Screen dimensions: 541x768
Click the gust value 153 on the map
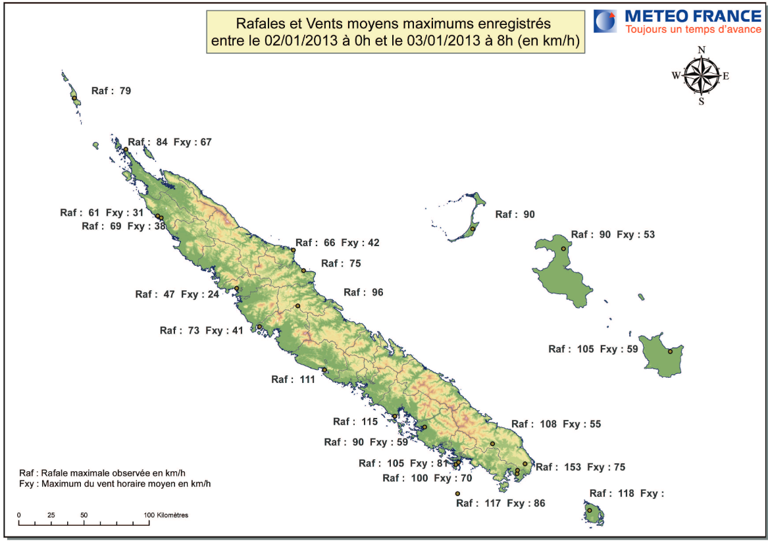point(573,467)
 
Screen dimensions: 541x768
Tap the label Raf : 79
point(111,91)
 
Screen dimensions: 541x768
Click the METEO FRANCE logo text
point(692,16)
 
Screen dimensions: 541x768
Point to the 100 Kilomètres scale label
point(165,515)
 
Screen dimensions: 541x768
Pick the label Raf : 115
point(355,422)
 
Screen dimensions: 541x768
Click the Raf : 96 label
point(363,292)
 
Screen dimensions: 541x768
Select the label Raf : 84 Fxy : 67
point(170,142)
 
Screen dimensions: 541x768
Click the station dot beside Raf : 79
point(74,98)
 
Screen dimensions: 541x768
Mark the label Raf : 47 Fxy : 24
point(177,294)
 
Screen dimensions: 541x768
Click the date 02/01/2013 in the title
point(294,41)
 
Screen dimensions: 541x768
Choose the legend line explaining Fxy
point(115,484)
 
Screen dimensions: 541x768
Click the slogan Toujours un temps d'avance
point(692,30)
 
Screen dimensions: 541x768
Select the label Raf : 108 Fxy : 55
point(556,425)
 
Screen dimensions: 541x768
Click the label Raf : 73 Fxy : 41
point(201,330)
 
